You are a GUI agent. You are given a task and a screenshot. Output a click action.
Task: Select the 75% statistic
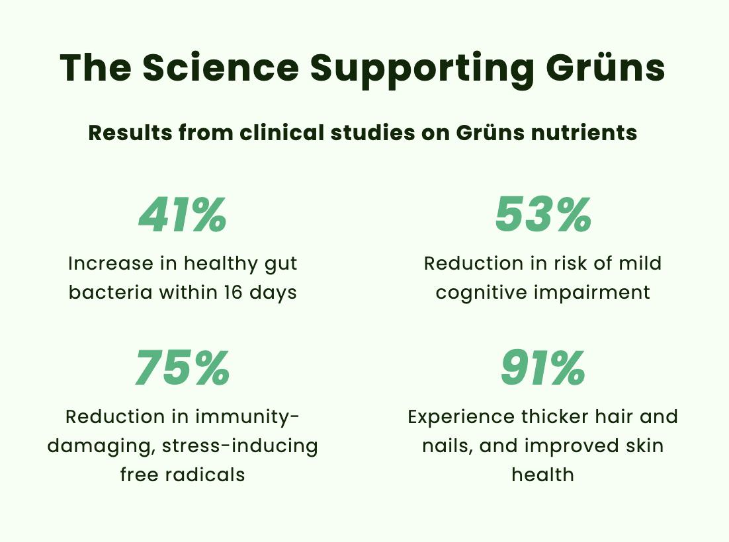click(183, 369)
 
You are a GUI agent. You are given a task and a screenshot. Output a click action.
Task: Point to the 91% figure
click(543, 369)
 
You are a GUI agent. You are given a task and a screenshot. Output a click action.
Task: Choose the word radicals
click(204, 475)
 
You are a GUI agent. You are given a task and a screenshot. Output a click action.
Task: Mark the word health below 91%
click(542, 475)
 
